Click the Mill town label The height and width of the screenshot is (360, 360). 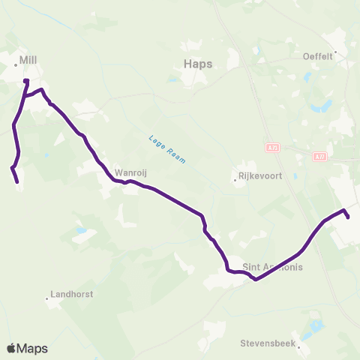pos(28,58)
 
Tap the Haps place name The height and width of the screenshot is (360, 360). pos(198,64)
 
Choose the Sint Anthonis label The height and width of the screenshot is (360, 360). pos(274,267)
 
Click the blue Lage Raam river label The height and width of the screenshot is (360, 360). pos(167,149)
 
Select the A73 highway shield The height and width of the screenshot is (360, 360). pos(271,148)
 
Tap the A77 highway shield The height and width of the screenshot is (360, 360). pos(320,156)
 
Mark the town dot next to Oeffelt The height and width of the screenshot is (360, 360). pos(336,53)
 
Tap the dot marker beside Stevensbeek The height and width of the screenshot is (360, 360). pos(298,347)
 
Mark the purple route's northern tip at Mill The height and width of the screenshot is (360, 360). pos(26,80)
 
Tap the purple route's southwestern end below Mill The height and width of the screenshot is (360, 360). pos(17,181)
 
